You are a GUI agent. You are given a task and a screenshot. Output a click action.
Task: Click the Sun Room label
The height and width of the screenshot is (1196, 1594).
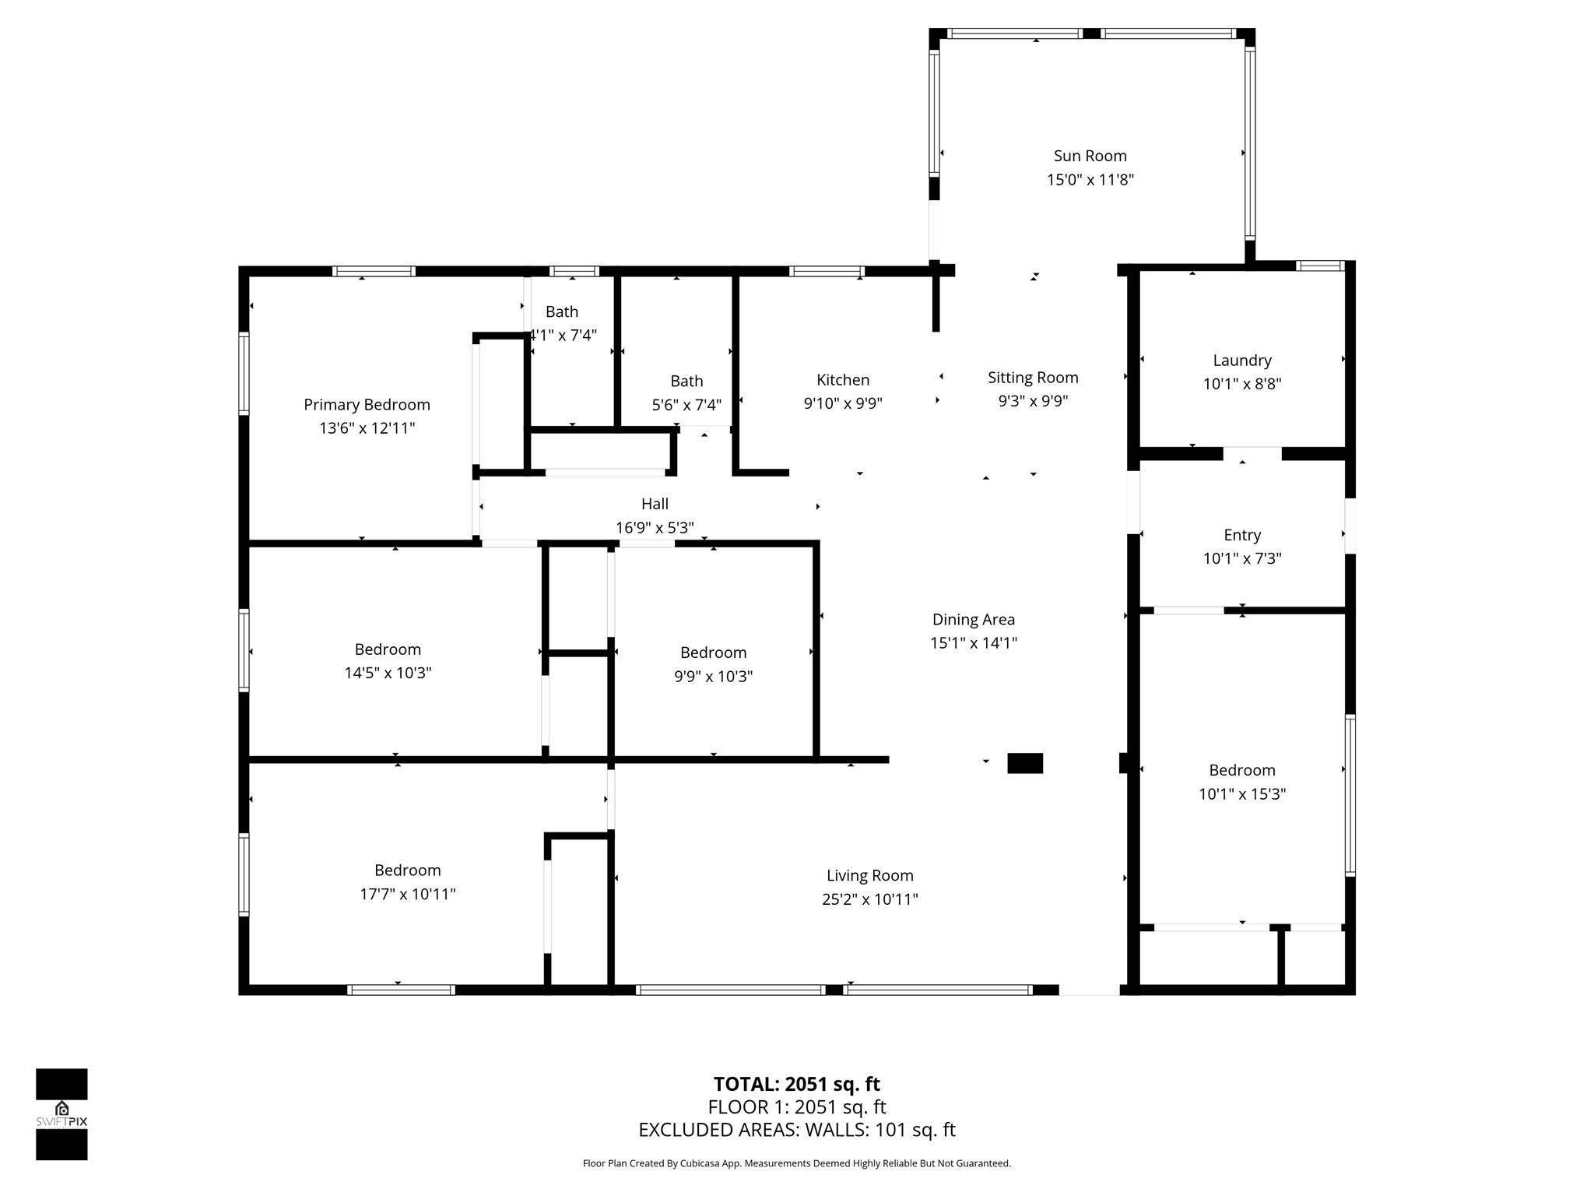pyautogui.click(x=1090, y=156)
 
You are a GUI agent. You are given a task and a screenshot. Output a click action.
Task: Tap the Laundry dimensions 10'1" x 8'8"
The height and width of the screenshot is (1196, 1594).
pyautogui.click(x=1242, y=384)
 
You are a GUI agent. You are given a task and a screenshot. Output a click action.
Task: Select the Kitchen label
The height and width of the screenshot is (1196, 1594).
pyautogui.click(x=843, y=380)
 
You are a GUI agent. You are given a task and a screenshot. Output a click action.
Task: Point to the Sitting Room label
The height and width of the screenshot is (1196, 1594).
pyautogui.click(x=1033, y=378)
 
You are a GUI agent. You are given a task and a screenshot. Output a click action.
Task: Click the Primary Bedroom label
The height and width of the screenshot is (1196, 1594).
pyautogui.click(x=367, y=405)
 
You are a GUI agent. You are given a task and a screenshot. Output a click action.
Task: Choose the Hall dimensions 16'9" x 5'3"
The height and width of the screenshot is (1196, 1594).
pyautogui.click(x=655, y=528)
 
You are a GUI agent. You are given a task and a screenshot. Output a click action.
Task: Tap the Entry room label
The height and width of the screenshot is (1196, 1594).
pyautogui.click(x=1242, y=535)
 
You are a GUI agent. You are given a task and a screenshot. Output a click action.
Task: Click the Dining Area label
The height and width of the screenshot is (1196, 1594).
pyautogui.click(x=974, y=620)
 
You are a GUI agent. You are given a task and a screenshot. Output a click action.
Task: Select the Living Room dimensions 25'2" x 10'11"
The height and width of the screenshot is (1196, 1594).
pyautogui.click(x=870, y=899)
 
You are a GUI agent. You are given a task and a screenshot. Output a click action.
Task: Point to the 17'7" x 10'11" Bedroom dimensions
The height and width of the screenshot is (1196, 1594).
pyautogui.click(x=407, y=894)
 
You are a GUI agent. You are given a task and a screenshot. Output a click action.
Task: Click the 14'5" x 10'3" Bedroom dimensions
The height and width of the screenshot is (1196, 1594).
pyautogui.click(x=388, y=673)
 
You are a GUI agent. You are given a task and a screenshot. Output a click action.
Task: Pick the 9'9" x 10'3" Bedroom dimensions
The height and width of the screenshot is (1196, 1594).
pyautogui.click(x=713, y=676)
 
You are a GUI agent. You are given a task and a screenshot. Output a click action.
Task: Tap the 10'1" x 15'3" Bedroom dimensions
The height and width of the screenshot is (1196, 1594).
pyautogui.click(x=1242, y=794)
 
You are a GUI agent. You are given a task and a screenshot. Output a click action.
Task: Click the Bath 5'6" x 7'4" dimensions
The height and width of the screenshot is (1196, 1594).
pyautogui.click(x=686, y=405)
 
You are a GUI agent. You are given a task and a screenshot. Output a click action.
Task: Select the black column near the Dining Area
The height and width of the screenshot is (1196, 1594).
pyautogui.click(x=1025, y=763)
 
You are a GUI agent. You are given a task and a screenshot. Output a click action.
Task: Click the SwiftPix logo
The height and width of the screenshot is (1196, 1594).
pyautogui.click(x=61, y=1114)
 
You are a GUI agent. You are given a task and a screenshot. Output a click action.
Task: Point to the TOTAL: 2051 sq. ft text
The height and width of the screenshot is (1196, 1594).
pyautogui.click(x=797, y=1084)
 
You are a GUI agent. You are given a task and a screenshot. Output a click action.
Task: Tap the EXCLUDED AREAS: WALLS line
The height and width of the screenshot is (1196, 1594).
pyautogui.click(x=797, y=1130)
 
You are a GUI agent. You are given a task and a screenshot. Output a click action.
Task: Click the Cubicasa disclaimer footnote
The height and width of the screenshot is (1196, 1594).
pyautogui.click(x=797, y=1163)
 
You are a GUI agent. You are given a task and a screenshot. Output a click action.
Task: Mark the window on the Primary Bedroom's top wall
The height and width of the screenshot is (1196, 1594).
pyautogui.click(x=374, y=271)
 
